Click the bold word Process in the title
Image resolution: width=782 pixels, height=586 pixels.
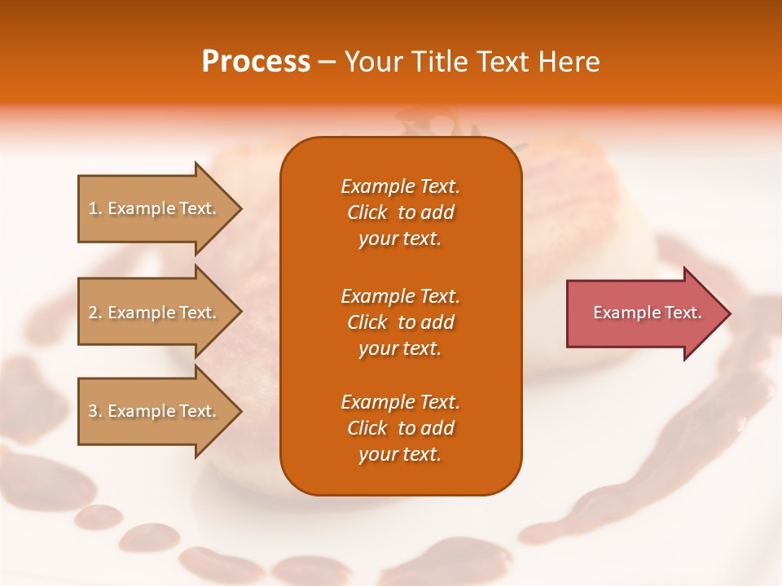(x=256, y=62)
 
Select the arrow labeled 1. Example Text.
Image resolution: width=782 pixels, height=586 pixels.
(x=155, y=208)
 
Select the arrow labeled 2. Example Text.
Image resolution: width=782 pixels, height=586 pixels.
(x=155, y=313)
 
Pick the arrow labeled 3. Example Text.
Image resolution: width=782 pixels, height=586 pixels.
(x=155, y=411)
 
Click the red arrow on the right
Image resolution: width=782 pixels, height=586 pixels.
(x=644, y=313)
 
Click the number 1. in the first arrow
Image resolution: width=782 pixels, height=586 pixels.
(x=95, y=208)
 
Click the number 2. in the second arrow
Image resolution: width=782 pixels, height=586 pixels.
(x=95, y=313)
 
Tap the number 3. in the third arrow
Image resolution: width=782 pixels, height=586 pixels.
(x=95, y=411)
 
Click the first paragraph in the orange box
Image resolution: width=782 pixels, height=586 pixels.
(x=400, y=212)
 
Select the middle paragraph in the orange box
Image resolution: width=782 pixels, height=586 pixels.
(x=400, y=322)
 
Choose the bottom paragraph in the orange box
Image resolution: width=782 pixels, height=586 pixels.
(x=400, y=428)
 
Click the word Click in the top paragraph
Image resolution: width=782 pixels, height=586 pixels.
(x=367, y=212)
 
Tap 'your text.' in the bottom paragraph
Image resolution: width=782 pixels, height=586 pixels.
(x=400, y=454)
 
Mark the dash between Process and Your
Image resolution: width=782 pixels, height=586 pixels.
(x=327, y=63)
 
